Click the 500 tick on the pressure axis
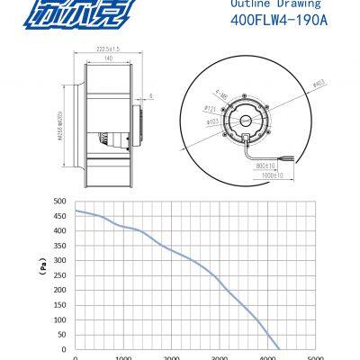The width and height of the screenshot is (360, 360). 60,202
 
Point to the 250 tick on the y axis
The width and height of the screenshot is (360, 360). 60,275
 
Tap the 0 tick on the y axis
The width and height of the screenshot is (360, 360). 64,349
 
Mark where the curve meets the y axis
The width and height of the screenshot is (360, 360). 74,211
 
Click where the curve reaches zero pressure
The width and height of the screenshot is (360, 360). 280,349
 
